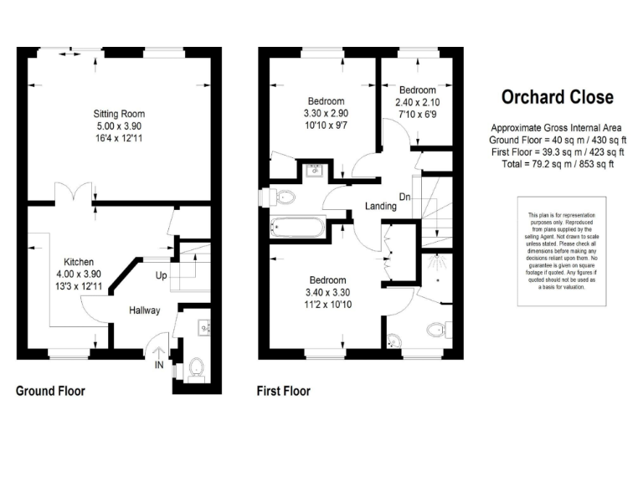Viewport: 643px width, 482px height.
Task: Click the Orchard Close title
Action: tap(557, 97)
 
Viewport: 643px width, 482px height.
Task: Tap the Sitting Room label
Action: tap(118, 114)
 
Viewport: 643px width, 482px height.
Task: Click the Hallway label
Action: tap(144, 310)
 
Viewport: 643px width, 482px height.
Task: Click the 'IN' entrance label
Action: tap(159, 365)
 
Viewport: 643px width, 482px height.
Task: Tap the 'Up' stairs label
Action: tap(160, 274)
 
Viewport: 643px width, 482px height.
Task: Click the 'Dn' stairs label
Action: tap(404, 197)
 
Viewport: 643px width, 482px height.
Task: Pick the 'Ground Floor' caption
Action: tap(50, 391)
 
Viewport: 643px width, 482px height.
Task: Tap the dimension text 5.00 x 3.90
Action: tap(118, 126)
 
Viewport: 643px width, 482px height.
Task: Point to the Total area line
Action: tap(557, 164)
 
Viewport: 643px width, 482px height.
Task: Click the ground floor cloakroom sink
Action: tap(204, 327)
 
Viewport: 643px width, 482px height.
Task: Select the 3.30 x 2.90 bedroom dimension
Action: tap(327, 112)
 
